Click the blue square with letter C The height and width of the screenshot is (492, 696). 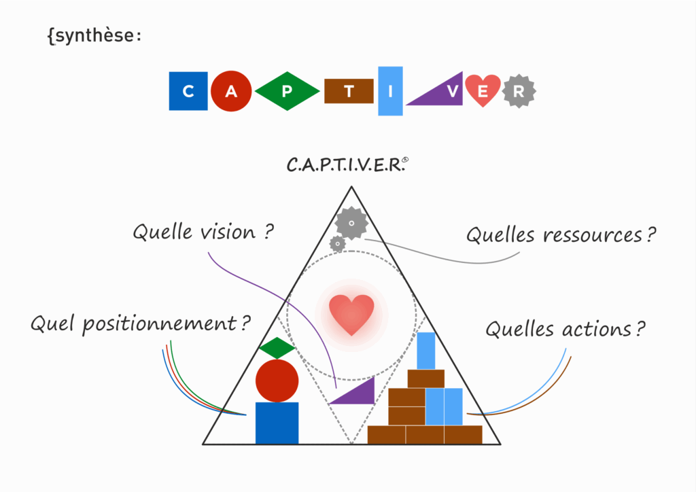point(188,91)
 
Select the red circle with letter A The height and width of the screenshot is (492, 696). point(231,92)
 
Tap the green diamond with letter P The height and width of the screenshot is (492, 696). point(287,92)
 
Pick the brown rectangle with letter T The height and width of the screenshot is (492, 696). point(349,92)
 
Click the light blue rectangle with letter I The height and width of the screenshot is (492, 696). point(390,91)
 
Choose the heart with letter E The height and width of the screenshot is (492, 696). point(483,90)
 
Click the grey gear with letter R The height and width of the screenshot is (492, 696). point(519,92)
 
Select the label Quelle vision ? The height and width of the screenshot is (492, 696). point(203,232)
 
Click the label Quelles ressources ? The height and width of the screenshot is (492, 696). point(561,235)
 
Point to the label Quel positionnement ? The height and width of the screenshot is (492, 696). point(140,323)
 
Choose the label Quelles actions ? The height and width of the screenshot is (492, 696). point(565,330)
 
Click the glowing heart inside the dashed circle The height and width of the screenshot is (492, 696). point(351,315)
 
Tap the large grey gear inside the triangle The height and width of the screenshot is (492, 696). point(351,222)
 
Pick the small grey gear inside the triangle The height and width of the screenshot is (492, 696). point(337,243)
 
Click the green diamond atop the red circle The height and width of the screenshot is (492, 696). point(277,348)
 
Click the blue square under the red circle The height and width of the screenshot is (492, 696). point(277,423)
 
